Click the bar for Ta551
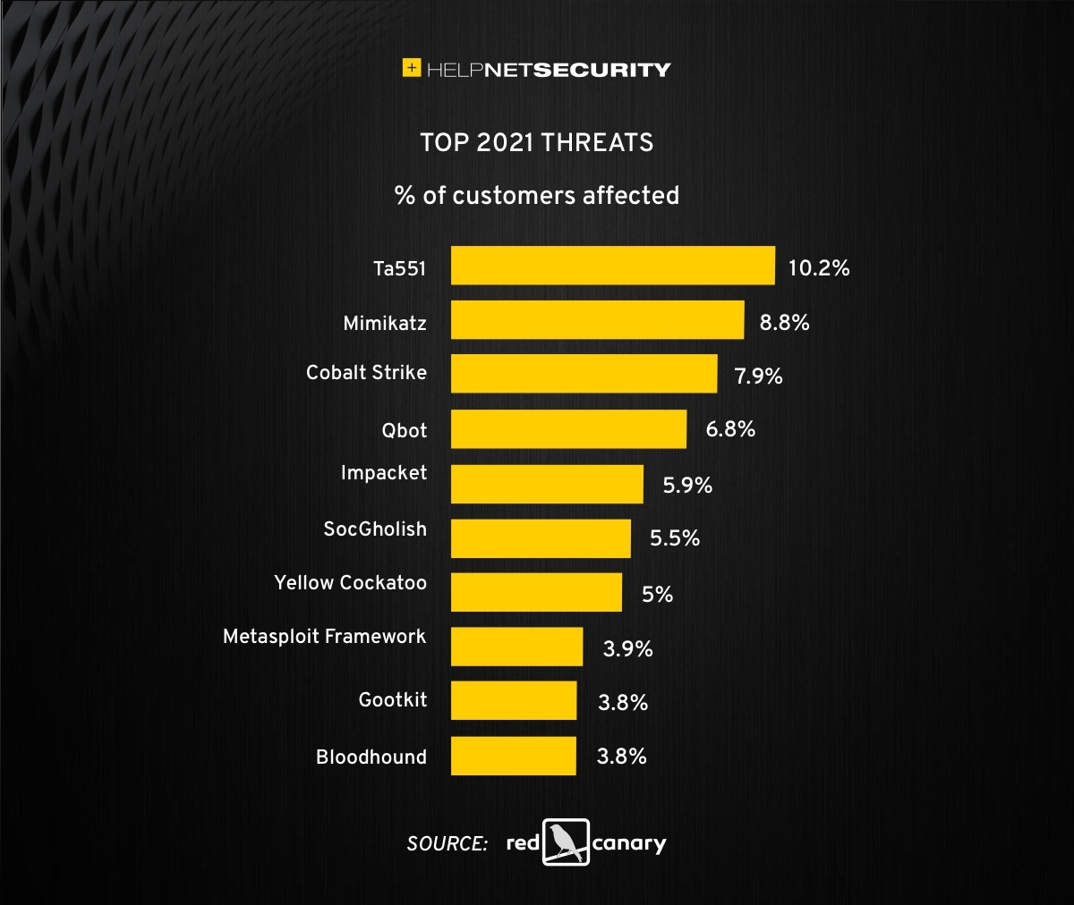pyautogui.click(x=612, y=266)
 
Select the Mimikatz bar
pyautogui.click(x=597, y=320)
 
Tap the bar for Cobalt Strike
pyautogui.click(x=584, y=374)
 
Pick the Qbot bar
pyautogui.click(x=568, y=429)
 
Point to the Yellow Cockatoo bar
pyautogui.click(x=536, y=592)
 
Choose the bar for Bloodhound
pyautogui.click(x=513, y=756)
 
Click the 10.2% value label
pyautogui.click(x=818, y=267)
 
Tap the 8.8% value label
pyautogui.click(x=784, y=322)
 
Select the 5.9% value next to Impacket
pyautogui.click(x=687, y=485)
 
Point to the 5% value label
pyautogui.click(x=657, y=595)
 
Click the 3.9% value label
pyautogui.click(x=627, y=648)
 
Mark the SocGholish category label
pyautogui.click(x=375, y=529)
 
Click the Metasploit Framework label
pyautogui.click(x=324, y=636)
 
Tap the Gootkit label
pyautogui.click(x=392, y=699)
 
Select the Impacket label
pyautogui.click(x=383, y=472)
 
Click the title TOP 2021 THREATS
pyautogui.click(x=537, y=142)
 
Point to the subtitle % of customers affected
pyautogui.click(x=537, y=195)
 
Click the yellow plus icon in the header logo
pyautogui.click(x=412, y=68)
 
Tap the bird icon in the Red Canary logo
pyautogui.click(x=566, y=842)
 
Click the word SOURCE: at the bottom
pyautogui.click(x=447, y=843)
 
